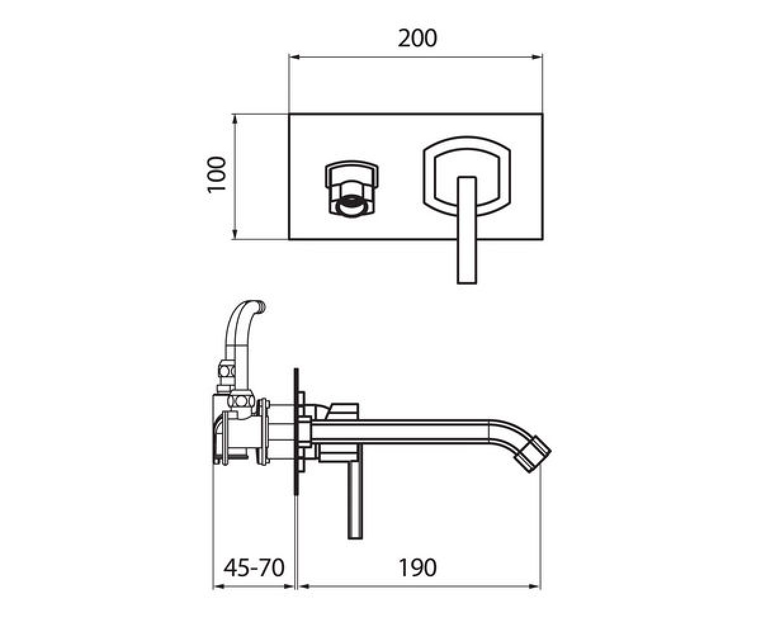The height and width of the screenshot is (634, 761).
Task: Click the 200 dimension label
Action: tap(417, 38)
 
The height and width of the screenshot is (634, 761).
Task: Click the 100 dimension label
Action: tap(216, 174)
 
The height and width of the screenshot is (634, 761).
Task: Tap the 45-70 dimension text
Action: tap(254, 567)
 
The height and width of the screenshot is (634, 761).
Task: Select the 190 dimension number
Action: tap(417, 567)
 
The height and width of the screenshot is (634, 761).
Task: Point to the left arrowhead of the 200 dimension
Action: tap(294, 57)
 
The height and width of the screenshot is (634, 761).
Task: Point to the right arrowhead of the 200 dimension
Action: tap(537, 57)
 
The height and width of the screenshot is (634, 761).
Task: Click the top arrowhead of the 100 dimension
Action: tap(235, 119)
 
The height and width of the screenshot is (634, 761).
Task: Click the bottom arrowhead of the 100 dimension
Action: tap(235, 235)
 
